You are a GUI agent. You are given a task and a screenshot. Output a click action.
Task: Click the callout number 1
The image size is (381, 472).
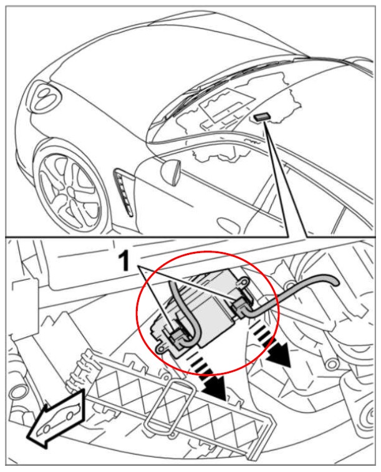point(124,261)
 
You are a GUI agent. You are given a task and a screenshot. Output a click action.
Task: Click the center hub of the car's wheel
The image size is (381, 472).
point(71,191)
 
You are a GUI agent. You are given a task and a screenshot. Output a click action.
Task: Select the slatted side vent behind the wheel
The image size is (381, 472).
point(123,192)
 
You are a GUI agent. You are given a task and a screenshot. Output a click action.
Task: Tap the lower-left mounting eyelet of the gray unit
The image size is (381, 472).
point(161,348)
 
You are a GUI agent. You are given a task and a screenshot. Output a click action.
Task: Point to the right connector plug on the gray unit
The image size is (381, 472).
point(240,306)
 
